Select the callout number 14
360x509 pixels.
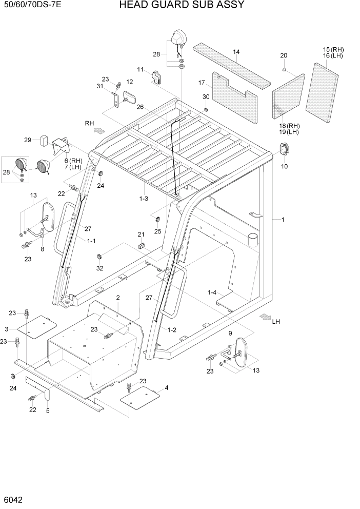pos(236,52)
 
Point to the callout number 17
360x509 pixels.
pos(202,83)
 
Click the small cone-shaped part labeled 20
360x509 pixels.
pos(284,68)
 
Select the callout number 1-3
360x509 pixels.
pos(143,199)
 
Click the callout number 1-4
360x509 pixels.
pos(212,292)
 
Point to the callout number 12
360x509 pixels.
pos(129,82)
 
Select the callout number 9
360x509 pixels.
pos(230,333)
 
